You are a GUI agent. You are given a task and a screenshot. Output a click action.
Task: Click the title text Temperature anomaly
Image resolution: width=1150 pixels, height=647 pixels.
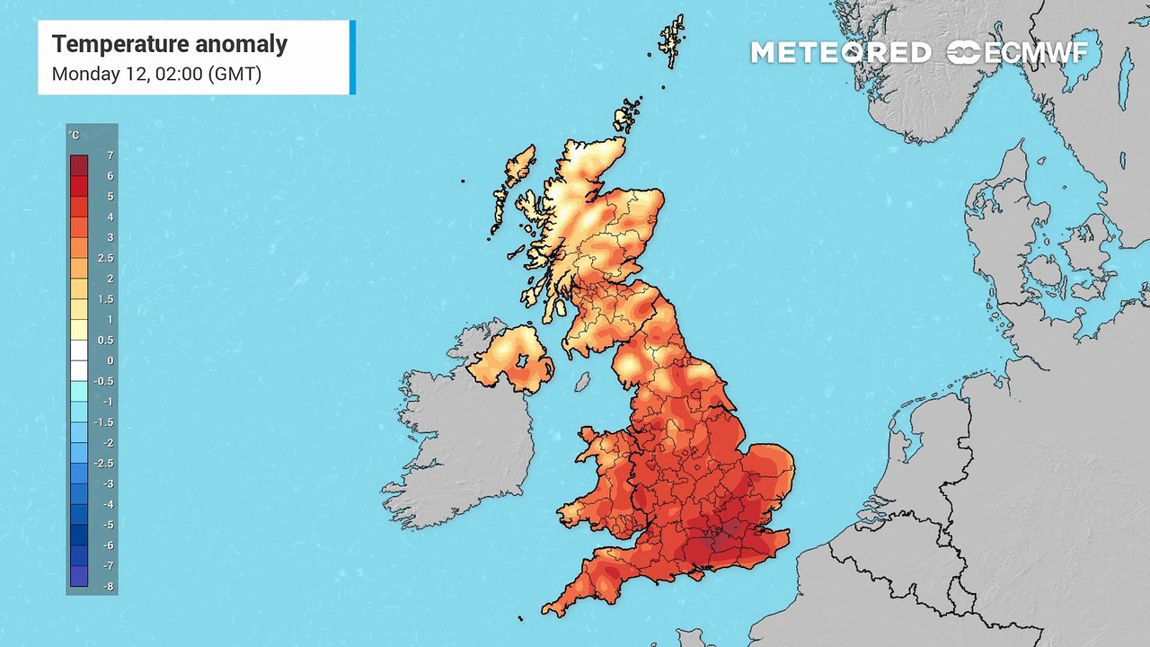tap(170, 44)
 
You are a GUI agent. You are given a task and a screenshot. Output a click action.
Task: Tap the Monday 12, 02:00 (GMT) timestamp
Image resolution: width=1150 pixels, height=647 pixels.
tap(156, 74)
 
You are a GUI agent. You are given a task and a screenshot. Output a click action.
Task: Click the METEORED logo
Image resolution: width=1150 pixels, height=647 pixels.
tap(840, 53)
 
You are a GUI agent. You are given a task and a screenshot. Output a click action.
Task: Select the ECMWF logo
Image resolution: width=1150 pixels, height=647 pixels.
tap(1017, 53)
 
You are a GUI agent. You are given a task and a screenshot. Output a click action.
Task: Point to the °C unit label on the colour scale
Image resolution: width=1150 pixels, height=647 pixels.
tap(74, 136)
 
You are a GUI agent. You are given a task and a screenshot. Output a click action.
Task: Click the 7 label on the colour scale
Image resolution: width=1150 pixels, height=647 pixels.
tap(110, 155)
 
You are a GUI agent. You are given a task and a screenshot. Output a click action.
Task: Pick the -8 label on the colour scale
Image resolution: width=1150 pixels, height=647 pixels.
tap(108, 587)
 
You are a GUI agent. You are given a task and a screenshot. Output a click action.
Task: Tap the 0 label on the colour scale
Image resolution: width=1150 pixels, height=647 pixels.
tap(110, 360)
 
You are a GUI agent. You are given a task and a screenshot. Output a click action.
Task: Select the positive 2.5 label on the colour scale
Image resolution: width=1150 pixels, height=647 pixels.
tap(105, 258)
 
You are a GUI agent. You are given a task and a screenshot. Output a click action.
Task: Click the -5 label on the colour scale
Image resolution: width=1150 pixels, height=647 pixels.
tap(108, 525)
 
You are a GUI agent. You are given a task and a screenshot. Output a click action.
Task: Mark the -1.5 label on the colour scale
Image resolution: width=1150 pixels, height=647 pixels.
tap(105, 422)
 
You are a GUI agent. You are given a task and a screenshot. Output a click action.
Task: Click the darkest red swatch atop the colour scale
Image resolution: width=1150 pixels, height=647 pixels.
tap(79, 165)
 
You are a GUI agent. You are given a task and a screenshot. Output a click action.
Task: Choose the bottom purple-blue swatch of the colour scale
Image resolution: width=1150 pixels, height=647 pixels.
tap(79, 576)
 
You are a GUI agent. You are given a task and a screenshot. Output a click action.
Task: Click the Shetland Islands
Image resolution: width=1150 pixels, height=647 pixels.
tap(671, 40)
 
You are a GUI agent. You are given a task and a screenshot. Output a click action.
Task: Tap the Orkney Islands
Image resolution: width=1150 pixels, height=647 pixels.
tap(627, 115)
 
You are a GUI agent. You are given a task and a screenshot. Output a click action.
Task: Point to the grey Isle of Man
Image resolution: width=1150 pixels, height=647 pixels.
tap(582, 383)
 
